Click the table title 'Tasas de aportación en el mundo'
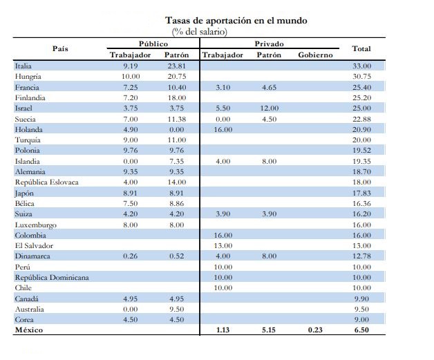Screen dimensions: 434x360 click(236, 21)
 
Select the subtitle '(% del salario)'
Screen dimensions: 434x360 click(199, 32)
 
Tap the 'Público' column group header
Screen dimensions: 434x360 click(153, 44)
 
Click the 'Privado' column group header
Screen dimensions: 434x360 click(269, 44)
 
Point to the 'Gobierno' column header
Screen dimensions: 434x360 click(315, 55)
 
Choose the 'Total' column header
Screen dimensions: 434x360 click(361, 48)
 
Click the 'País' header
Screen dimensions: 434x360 click(60, 48)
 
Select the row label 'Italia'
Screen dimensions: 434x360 click(23, 66)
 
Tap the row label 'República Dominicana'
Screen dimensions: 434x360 click(52, 278)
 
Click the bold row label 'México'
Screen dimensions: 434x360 click(29, 330)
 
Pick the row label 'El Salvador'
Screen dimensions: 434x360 click(34, 246)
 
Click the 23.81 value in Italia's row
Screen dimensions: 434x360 click(177, 66)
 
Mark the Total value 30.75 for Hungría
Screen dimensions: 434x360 click(361, 77)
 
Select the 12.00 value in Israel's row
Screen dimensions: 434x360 click(270, 108)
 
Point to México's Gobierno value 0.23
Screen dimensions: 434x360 click(315, 330)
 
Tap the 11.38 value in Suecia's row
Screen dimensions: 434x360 click(177, 120)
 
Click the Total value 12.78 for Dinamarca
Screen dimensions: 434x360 click(361, 256)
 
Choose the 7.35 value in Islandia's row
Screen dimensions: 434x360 click(177, 161)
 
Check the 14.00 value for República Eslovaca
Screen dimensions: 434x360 click(177, 182)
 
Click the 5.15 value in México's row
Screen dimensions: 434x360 click(269, 330)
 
